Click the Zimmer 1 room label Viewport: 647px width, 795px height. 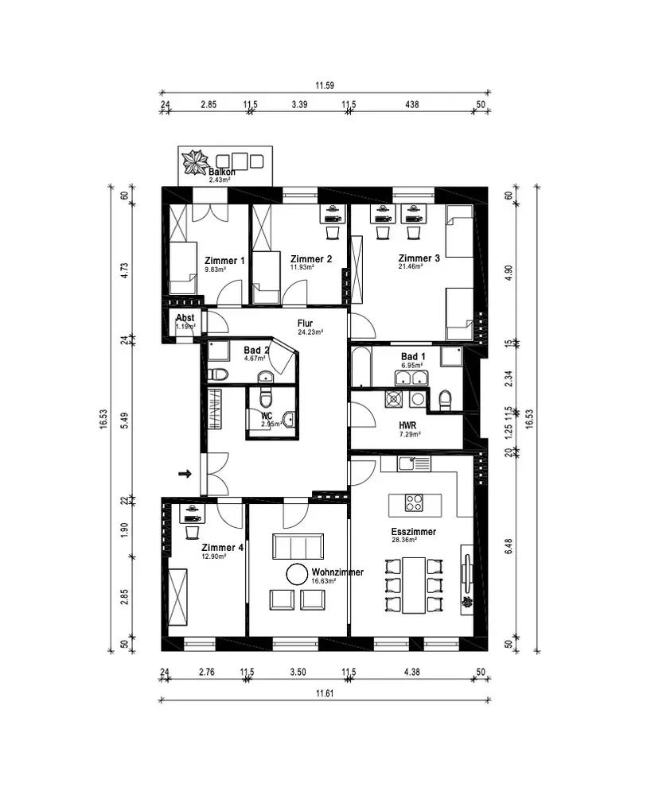coord(224,261)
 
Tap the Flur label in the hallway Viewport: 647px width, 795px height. coord(305,324)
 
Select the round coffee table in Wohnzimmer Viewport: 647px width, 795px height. coord(297,575)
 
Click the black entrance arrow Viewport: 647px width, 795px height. coord(185,474)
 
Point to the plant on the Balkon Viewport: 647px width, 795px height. coord(196,162)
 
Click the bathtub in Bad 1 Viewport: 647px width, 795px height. coord(361,366)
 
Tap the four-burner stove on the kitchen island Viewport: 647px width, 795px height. coord(414,502)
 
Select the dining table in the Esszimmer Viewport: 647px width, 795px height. coord(414,585)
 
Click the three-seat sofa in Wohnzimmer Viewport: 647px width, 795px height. coord(298,546)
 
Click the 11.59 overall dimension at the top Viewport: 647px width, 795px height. coord(325,85)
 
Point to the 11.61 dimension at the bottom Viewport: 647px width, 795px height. coord(325,693)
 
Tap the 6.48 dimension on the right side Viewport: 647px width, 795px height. coord(509,546)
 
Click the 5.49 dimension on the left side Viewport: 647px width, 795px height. coord(124,421)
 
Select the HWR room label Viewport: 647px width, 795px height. coord(407,426)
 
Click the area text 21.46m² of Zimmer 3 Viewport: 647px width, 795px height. coord(411,266)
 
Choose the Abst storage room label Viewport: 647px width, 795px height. coord(185,318)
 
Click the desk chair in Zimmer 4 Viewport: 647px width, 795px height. coord(193,533)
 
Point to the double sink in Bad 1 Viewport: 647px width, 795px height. coord(411,378)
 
